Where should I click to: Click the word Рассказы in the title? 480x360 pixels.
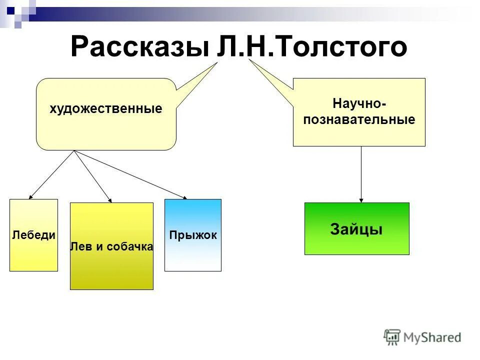click(x=139, y=47)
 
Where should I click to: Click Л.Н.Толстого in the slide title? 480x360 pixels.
click(x=312, y=47)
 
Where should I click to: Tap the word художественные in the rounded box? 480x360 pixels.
click(x=106, y=109)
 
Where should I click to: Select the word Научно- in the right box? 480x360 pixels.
click(x=359, y=103)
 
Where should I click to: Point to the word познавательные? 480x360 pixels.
click(x=359, y=120)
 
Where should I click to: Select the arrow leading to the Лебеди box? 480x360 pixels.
click(x=52, y=174)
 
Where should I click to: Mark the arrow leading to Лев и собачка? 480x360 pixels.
click(x=93, y=176)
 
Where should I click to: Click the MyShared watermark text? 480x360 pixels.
click(x=432, y=337)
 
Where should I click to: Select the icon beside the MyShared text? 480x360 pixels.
click(x=392, y=337)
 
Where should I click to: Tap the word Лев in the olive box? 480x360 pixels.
click(x=80, y=246)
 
